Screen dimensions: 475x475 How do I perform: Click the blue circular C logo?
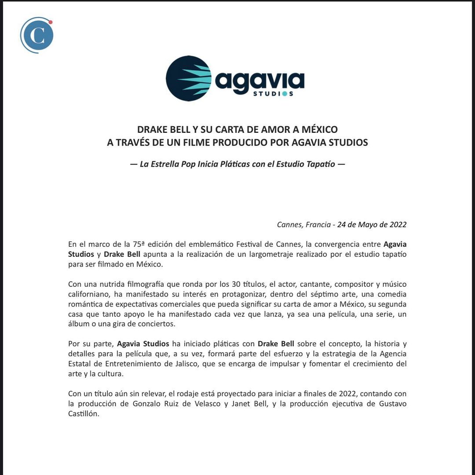coord(37,36)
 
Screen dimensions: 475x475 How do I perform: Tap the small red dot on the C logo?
coord(51,22)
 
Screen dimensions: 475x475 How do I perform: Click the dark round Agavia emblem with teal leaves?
coord(189,78)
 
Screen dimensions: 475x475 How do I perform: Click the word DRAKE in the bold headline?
coord(151,130)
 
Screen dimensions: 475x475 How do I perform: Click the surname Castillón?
coord(84,414)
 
